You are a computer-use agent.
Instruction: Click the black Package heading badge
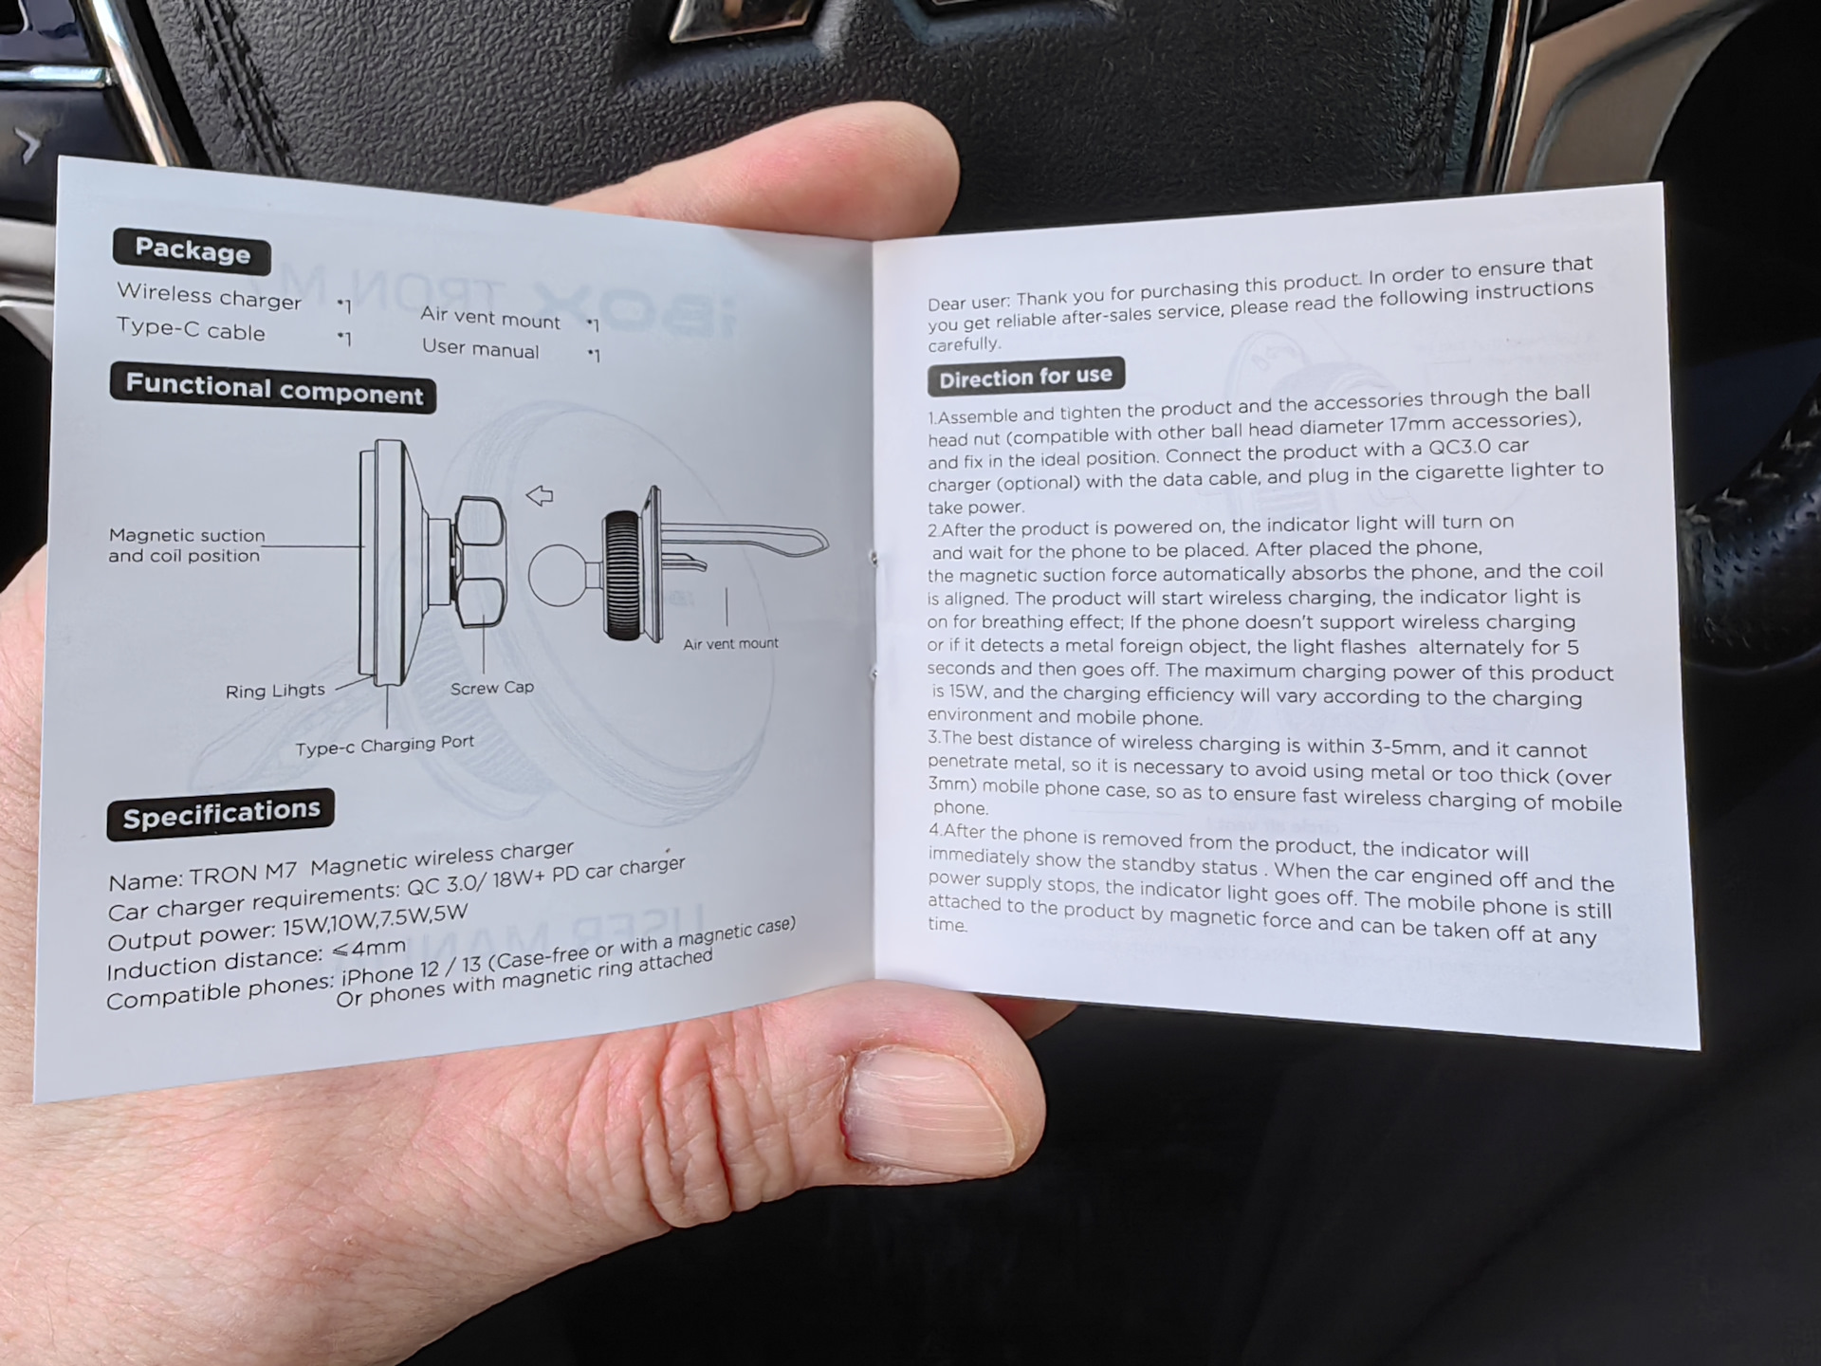click(x=192, y=250)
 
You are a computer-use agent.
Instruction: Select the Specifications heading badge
click(x=220, y=814)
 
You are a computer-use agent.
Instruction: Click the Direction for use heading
click(x=1025, y=377)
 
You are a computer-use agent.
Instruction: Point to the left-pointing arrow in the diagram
click(x=540, y=495)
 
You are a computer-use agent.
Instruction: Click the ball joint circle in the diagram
click(x=559, y=575)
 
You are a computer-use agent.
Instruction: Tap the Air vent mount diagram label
click(x=730, y=644)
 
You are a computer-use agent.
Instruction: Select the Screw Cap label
click(x=491, y=688)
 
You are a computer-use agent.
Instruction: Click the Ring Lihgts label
click(x=275, y=691)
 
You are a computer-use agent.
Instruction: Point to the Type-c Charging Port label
click(x=384, y=746)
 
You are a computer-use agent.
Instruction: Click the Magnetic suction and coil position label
click(x=186, y=545)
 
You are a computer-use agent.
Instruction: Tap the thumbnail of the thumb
click(x=925, y=1106)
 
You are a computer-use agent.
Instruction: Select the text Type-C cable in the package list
click(x=191, y=329)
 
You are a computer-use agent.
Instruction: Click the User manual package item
click(x=480, y=348)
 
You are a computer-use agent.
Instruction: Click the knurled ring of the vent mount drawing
click(x=623, y=575)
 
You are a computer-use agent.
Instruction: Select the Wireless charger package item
click(x=209, y=296)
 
